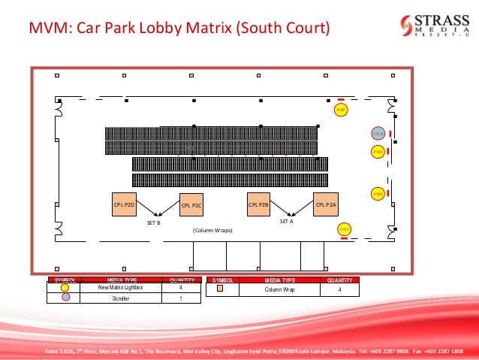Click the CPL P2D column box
124,204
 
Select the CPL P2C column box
192,204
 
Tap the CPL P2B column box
258,204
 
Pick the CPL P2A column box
326,204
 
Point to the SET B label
153,223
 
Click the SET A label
286,222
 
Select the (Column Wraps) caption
212,230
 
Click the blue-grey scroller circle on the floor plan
378,134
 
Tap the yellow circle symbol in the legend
65,287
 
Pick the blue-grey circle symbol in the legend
65,298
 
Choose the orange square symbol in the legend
221,288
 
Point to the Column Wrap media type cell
279,289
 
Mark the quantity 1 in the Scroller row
181,298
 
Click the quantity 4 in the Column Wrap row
339,289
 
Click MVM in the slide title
44,30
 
